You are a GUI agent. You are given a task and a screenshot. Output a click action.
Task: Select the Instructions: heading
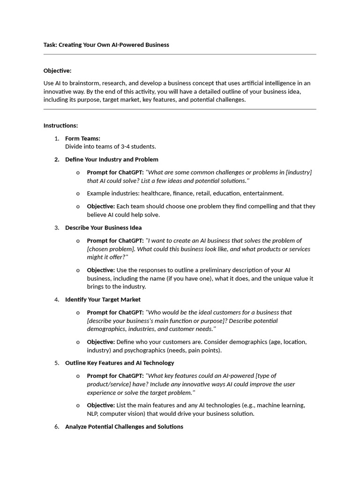click(x=60, y=126)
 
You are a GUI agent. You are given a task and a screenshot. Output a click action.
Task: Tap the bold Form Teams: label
click(x=82, y=138)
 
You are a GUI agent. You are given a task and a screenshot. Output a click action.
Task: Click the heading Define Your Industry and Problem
click(x=112, y=159)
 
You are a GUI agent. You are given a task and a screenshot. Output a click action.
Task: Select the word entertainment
click(x=264, y=193)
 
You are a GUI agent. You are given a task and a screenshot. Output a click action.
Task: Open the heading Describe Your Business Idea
click(x=103, y=228)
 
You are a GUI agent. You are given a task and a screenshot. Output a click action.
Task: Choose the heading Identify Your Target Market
click(x=103, y=300)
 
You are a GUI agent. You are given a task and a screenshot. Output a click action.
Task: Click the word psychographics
click(x=152, y=350)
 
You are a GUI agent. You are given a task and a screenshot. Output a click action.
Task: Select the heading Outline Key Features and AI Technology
click(x=120, y=363)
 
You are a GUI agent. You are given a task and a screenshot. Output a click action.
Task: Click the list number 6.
click(x=56, y=427)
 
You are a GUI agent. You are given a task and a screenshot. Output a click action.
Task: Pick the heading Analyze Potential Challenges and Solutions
click(x=124, y=427)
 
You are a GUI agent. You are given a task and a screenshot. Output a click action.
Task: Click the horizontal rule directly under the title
click(x=180, y=54)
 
